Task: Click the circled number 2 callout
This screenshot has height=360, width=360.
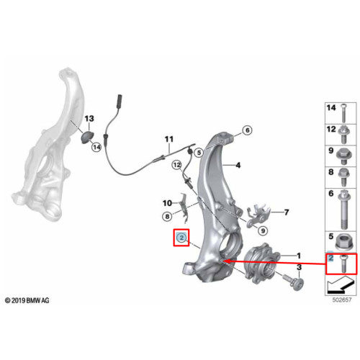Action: click(x=181, y=238)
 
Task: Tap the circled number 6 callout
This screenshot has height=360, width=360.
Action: click(x=248, y=130)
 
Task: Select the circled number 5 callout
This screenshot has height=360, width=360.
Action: click(x=199, y=153)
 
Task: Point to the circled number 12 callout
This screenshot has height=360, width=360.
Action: click(x=177, y=165)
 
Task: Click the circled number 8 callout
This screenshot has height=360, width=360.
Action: click(x=167, y=217)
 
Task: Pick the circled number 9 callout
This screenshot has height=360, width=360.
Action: click(x=263, y=230)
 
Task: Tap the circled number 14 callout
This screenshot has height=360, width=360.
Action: click(x=96, y=147)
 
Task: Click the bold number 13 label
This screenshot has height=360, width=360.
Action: click(x=89, y=119)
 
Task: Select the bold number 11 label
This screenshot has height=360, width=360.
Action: click(x=169, y=139)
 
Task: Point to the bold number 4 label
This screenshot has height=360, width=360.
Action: click(x=238, y=165)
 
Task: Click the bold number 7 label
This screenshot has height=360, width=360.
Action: click(x=287, y=212)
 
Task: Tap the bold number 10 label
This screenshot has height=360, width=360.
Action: click(x=167, y=203)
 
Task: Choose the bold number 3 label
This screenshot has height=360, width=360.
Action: click(x=299, y=267)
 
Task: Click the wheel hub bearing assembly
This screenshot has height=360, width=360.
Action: click(x=261, y=264)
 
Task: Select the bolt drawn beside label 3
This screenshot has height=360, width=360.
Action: click(x=293, y=283)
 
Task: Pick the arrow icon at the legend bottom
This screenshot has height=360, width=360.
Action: click(x=341, y=285)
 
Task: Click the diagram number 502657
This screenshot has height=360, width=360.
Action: click(x=342, y=300)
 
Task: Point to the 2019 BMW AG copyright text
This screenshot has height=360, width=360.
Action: click(x=27, y=300)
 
